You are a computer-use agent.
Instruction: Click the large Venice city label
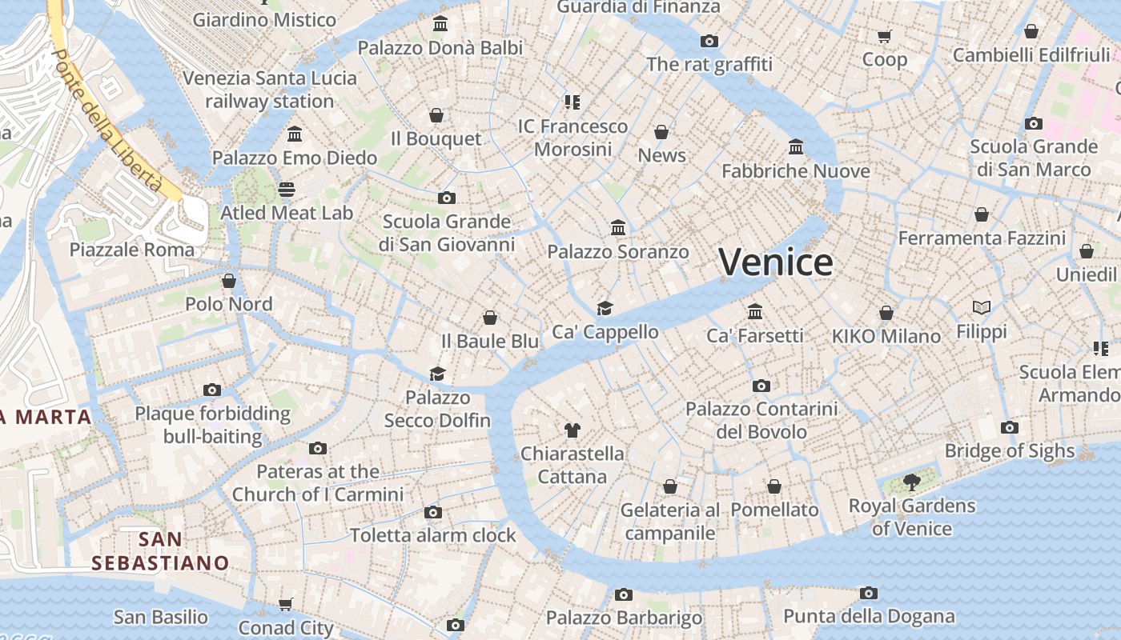click(x=775, y=262)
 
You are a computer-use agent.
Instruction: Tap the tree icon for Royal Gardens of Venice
click(x=911, y=481)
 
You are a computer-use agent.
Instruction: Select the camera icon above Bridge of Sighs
click(x=1010, y=427)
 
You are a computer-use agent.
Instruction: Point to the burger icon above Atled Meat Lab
click(x=287, y=190)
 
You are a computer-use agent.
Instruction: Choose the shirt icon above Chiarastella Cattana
click(x=572, y=430)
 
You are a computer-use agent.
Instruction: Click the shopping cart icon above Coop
click(x=885, y=36)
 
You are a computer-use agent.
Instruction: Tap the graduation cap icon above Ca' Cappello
click(x=605, y=308)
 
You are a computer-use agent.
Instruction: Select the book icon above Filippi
click(x=982, y=307)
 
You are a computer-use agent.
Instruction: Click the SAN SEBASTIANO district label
click(x=160, y=551)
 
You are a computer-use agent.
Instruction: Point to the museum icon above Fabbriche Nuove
click(x=796, y=147)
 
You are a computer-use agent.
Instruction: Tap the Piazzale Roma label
click(x=132, y=250)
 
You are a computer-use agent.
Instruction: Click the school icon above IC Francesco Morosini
click(x=572, y=102)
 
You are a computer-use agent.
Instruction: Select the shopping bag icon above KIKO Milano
click(x=886, y=312)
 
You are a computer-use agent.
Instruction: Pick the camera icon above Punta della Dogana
click(x=869, y=593)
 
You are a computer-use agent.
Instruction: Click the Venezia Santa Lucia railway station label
click(x=270, y=90)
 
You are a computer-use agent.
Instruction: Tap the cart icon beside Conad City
click(x=286, y=604)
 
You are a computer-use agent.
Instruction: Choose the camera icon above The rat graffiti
click(x=709, y=41)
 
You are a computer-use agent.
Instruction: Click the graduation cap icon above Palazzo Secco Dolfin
click(x=437, y=374)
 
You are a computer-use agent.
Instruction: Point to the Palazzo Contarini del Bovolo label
click(x=761, y=420)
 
